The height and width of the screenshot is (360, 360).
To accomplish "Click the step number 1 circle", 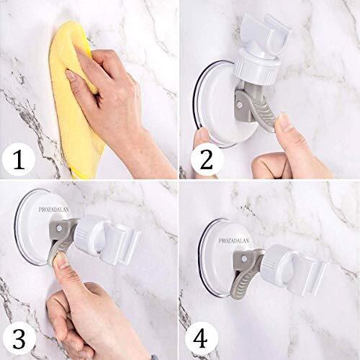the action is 19,159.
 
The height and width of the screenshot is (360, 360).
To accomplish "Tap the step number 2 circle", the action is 207,159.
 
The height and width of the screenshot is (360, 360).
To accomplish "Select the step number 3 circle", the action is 19,339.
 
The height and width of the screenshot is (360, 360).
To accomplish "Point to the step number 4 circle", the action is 201,339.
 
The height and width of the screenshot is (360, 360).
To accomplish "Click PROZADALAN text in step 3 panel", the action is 54,210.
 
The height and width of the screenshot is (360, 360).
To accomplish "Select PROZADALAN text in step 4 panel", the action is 234,240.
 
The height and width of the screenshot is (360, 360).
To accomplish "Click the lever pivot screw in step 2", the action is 239,104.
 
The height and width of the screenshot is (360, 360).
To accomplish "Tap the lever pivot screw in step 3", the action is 59,228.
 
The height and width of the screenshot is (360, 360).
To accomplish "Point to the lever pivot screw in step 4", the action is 244,258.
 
